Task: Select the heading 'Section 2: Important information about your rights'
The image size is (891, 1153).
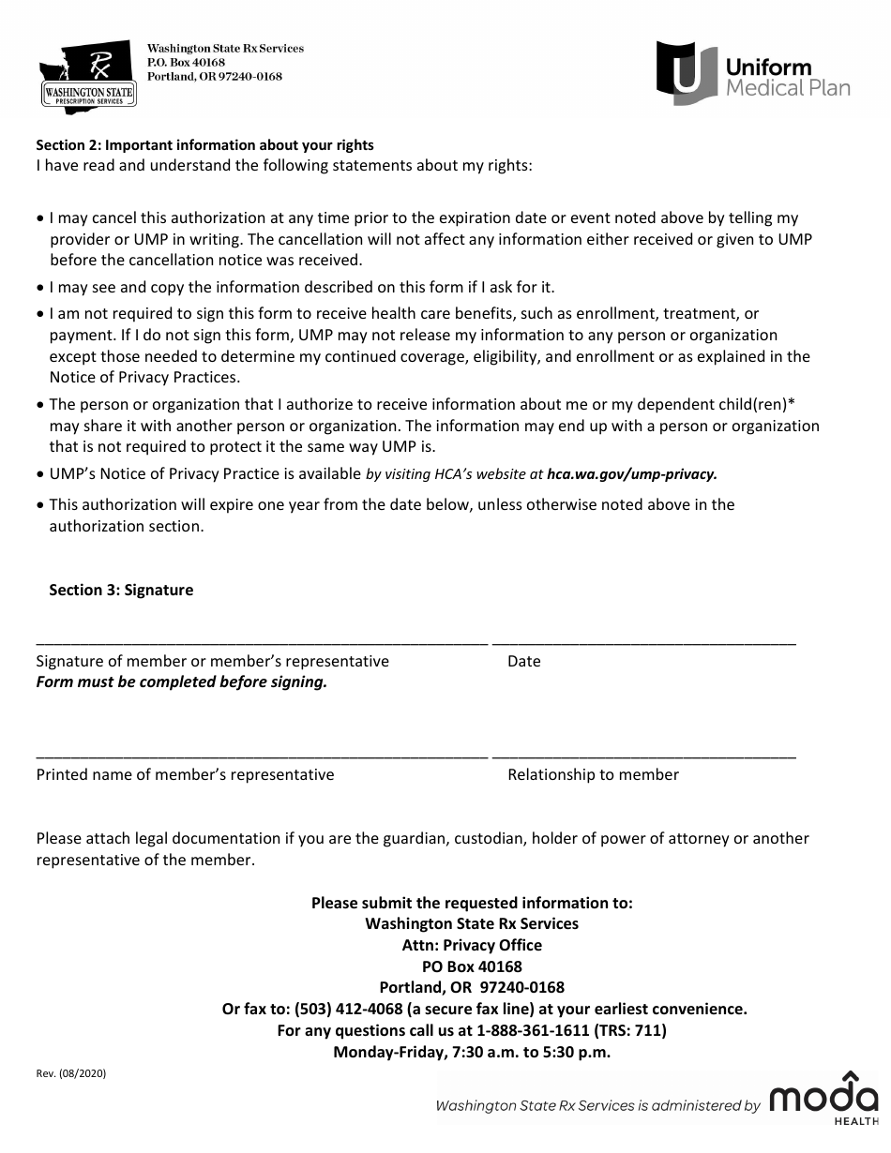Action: coord(204,145)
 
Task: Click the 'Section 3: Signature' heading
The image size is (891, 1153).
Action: coord(121,591)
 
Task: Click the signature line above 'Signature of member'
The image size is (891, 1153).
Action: coord(262,644)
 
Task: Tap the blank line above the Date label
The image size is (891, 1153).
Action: coord(643,644)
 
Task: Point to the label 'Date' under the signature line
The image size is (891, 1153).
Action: coord(524,662)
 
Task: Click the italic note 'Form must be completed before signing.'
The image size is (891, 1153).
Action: coord(182,682)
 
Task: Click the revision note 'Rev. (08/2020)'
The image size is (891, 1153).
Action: coord(71,1075)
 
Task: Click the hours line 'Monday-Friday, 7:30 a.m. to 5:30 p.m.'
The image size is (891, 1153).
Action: coord(472,1053)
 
